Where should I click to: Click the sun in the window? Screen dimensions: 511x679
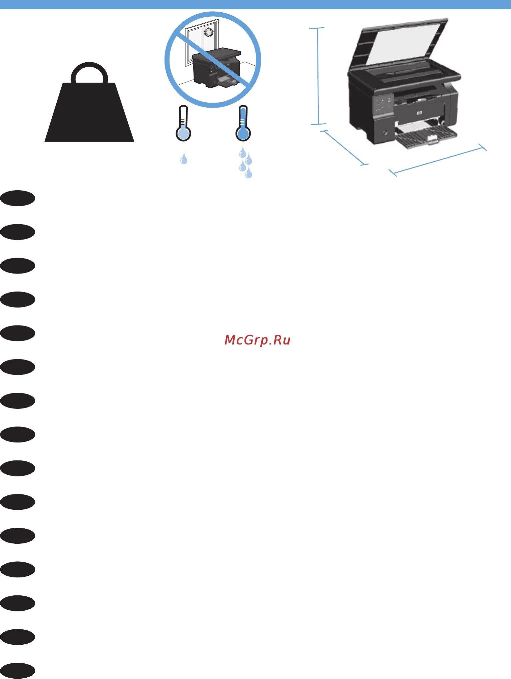tap(209, 32)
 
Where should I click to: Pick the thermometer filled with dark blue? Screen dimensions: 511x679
tap(243, 125)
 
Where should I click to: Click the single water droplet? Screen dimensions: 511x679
tap(184, 159)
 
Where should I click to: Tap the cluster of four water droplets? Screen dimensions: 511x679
tap(246, 162)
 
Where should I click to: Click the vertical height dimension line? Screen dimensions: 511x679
tap(318, 76)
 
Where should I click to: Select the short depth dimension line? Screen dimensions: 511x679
tap(344, 148)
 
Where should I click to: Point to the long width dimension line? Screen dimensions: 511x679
tap(438, 160)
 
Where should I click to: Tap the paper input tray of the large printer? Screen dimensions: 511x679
tap(426, 135)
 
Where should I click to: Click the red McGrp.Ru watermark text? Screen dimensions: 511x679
tap(257, 340)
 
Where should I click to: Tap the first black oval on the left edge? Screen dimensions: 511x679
tap(18, 199)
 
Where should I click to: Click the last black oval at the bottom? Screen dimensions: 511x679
tap(18, 671)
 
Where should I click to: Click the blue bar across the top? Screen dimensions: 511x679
tap(255, 4)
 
